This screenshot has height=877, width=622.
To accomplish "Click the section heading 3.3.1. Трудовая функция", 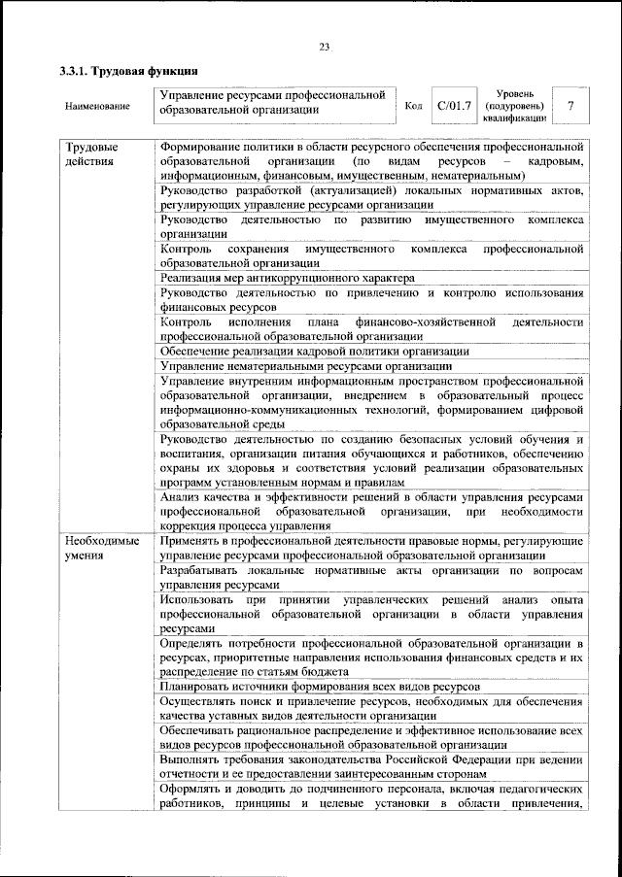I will click(x=129, y=71).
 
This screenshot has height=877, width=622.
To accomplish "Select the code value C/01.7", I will click(x=454, y=105).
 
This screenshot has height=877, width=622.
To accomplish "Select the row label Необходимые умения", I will click(x=102, y=548).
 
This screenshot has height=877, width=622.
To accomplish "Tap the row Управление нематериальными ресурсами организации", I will click(x=305, y=366).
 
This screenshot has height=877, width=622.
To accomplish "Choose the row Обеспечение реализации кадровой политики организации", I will click(x=315, y=351).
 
